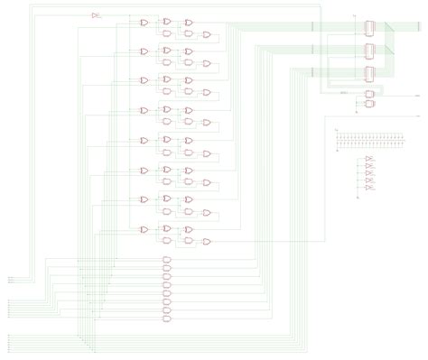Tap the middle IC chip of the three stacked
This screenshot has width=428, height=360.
(x=370, y=51)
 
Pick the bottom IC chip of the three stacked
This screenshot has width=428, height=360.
(x=370, y=72)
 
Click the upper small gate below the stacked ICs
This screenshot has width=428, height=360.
(x=370, y=94)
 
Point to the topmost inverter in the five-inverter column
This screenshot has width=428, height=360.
(x=370, y=161)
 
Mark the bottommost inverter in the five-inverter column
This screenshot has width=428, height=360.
(x=370, y=194)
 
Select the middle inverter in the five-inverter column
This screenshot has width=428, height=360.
(x=370, y=177)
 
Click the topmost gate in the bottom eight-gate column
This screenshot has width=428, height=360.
(x=166, y=260)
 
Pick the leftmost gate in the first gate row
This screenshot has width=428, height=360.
(x=144, y=21)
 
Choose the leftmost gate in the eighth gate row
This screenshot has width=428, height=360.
(x=144, y=229)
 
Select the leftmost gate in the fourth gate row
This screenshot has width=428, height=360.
(x=144, y=110)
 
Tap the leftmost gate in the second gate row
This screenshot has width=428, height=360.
(x=144, y=51)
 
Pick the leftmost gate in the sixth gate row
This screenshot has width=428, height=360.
(x=144, y=170)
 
